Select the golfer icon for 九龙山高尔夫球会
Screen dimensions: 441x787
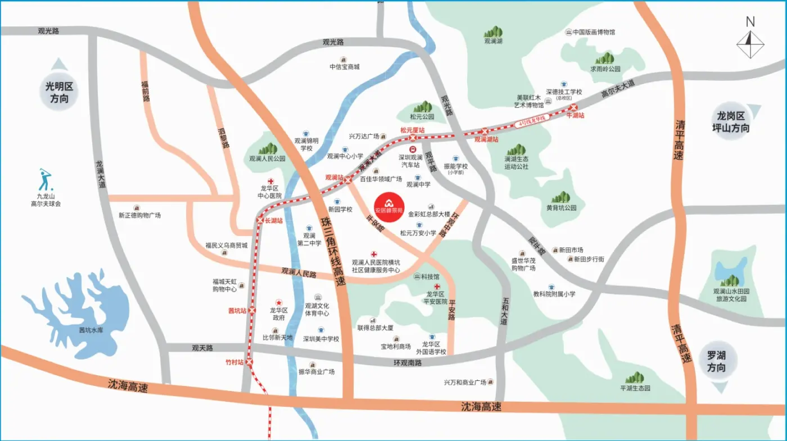click(x=45, y=180)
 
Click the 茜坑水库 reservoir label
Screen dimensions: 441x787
click(x=91, y=330)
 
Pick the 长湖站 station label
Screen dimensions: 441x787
click(x=273, y=221)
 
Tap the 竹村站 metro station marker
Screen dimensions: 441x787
click(x=251, y=362)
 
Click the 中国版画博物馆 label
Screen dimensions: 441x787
click(x=594, y=32)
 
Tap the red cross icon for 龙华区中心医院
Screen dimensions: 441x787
click(x=270, y=181)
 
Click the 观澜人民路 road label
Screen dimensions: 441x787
click(x=298, y=273)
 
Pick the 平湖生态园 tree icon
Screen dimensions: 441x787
click(x=635, y=378)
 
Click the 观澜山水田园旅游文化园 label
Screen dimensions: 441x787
click(x=731, y=295)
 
